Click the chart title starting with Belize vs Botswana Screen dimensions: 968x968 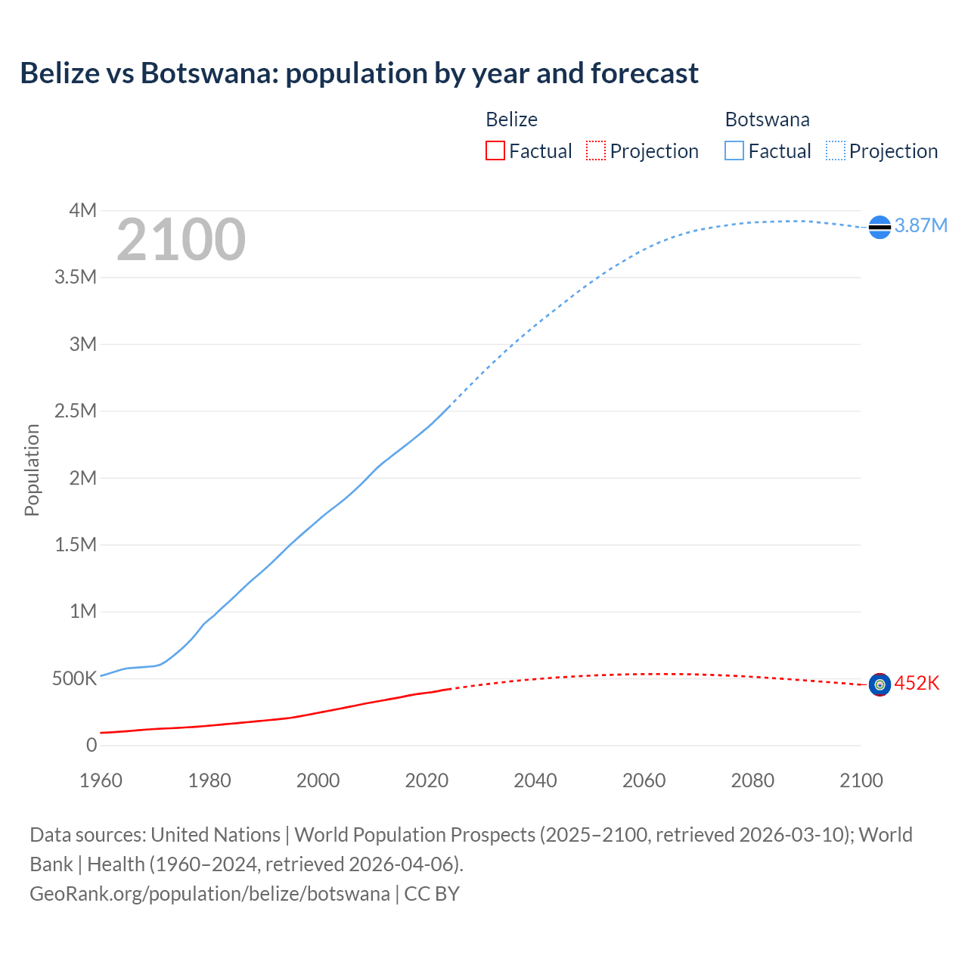[359, 73]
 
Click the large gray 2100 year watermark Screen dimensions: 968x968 [181, 240]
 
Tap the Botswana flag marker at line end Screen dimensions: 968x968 [880, 227]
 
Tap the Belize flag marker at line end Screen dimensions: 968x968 [880, 684]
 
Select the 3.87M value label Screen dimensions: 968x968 [920, 226]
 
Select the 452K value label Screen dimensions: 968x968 [917, 684]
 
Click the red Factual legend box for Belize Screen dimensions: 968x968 [495, 151]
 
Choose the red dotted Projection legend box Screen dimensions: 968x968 [596, 151]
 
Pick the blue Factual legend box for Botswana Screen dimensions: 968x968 [734, 151]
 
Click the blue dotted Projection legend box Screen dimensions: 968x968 [835, 151]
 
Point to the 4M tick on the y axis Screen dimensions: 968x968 [82, 210]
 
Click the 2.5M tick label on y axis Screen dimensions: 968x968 [76, 411]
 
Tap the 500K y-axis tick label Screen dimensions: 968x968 [74, 679]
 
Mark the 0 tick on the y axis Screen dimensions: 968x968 [92, 746]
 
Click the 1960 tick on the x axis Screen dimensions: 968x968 [101, 780]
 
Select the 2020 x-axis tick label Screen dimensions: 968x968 [427, 780]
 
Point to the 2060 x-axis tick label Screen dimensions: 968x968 [644, 780]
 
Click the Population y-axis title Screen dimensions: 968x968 [32, 470]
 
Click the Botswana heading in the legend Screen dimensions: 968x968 [767, 119]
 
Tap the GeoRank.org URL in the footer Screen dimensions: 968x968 [209, 894]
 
